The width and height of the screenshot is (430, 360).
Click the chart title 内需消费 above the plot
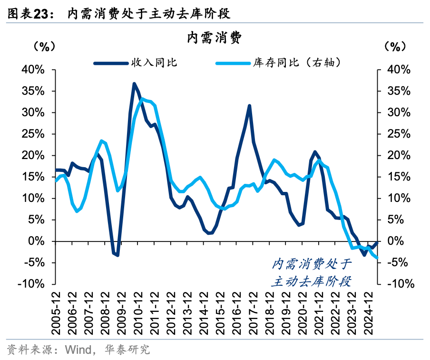(x=215, y=37)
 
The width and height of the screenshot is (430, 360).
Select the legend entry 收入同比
(x=154, y=62)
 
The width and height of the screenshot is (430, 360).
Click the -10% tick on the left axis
(x=31, y=284)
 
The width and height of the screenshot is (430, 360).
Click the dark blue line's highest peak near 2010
(x=134, y=83)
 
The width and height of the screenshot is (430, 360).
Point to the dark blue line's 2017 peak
(x=249, y=106)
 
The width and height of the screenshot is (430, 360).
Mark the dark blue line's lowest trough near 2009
(x=117, y=255)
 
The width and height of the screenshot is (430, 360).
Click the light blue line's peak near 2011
(x=142, y=99)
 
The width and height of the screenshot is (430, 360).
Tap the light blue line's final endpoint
(x=378, y=258)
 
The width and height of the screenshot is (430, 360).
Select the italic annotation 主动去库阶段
(x=312, y=281)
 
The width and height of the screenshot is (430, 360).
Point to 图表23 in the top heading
(x=26, y=14)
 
